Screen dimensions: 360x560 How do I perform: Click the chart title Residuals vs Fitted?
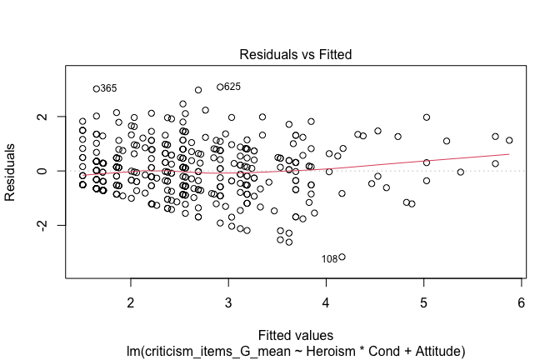pos(296,55)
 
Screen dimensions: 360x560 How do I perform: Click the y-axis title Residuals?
pos(12,171)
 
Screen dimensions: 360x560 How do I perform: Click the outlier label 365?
pos(109,88)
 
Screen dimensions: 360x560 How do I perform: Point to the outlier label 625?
pos(232,87)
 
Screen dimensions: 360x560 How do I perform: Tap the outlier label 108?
pos(329,259)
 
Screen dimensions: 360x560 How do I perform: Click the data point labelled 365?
pos(97,88)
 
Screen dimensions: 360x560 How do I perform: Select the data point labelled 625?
pos(220,87)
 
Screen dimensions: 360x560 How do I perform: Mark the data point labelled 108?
pos(342,257)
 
